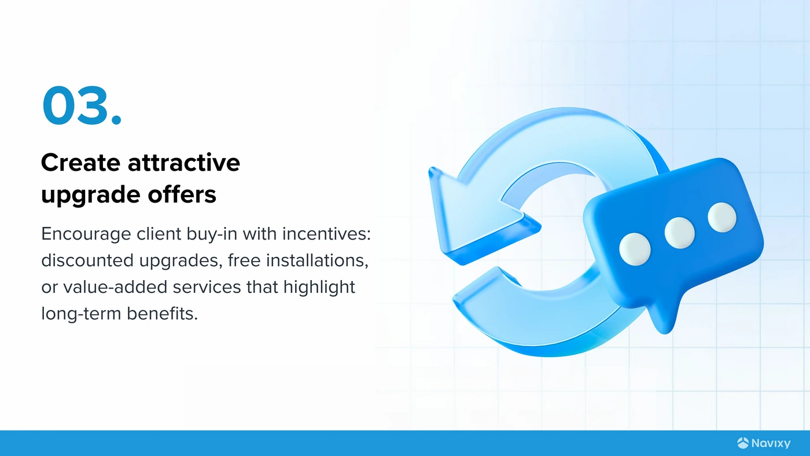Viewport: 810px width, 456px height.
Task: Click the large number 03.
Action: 82,105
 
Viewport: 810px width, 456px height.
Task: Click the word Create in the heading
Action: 80,163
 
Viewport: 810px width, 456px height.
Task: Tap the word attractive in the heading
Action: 184,163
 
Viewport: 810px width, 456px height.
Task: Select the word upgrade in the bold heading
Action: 90,195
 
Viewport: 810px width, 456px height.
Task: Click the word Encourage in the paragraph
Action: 86,234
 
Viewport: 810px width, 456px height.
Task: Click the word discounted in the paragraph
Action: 87,260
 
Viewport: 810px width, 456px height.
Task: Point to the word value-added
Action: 115,287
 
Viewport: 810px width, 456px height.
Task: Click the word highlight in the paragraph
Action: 319,288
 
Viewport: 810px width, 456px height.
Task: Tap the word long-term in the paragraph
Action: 81,314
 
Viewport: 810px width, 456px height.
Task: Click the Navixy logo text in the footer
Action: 771,443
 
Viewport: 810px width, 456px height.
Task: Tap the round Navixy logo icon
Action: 743,443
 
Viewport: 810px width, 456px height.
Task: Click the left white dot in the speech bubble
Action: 635,249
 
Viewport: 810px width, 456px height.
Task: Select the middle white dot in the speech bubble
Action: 679,233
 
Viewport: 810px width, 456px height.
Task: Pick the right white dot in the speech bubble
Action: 722,217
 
